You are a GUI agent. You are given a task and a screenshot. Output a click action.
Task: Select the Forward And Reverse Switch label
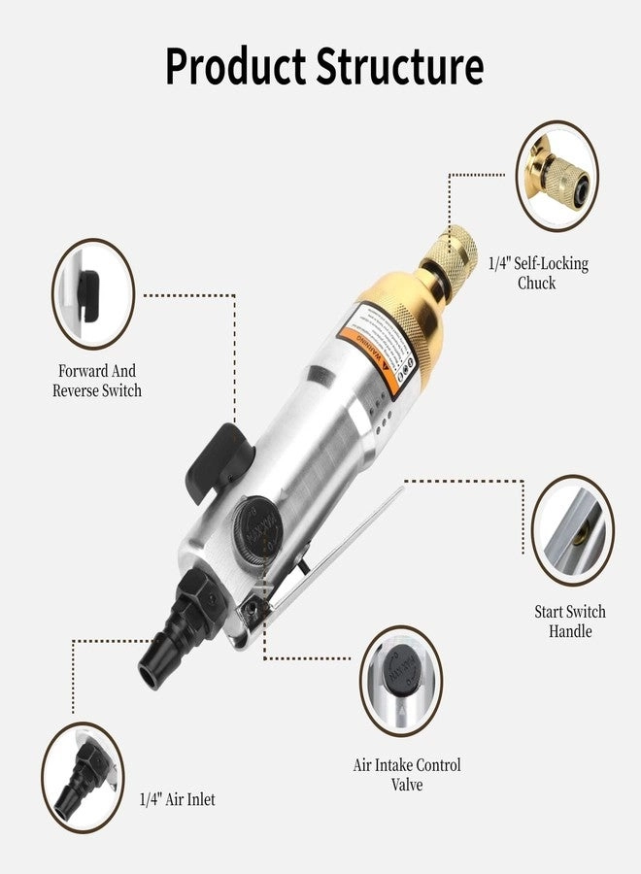pyautogui.click(x=97, y=381)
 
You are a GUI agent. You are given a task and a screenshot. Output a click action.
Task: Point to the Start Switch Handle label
pyautogui.click(x=569, y=622)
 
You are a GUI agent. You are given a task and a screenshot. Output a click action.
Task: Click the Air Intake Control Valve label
pyautogui.click(x=406, y=775)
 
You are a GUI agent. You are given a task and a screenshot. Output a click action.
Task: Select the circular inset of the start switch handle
pyautogui.click(x=572, y=530)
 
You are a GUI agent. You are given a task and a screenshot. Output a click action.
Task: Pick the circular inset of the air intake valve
pyautogui.click(x=401, y=680)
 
